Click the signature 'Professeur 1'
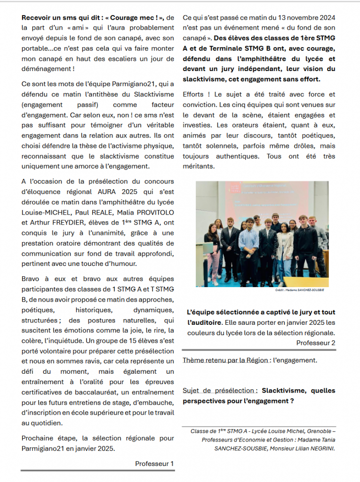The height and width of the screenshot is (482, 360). (x=154, y=464)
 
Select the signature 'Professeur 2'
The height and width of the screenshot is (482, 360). (x=316, y=343)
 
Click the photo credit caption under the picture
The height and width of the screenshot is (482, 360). (x=300, y=290)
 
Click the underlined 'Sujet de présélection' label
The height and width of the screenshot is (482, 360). (x=220, y=391)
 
